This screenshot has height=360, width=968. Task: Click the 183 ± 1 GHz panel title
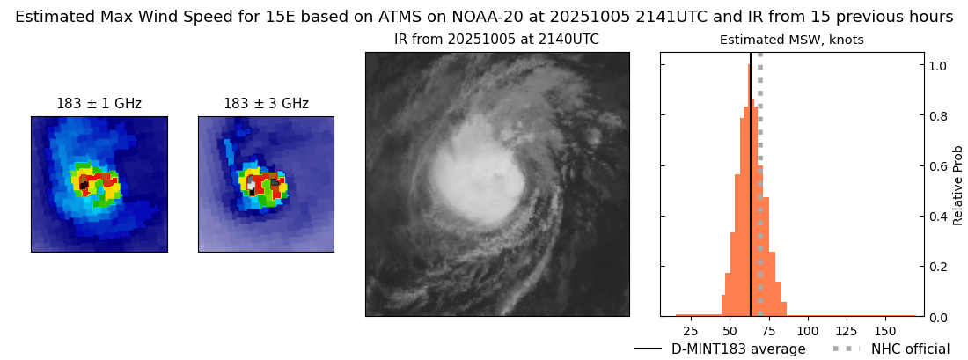[99, 104]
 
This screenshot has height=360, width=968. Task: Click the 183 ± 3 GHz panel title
[266, 104]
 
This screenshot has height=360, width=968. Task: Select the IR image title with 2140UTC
[496, 40]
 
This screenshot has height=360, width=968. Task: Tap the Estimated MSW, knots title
[791, 40]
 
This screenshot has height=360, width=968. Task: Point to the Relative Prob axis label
[957, 185]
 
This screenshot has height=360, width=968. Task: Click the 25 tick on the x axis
[691, 331]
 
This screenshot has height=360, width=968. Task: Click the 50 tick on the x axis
[730, 331]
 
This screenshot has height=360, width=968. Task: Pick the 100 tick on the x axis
[808, 331]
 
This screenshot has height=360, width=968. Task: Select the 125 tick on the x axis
[847, 331]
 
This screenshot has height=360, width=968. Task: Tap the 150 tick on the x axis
[885, 331]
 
